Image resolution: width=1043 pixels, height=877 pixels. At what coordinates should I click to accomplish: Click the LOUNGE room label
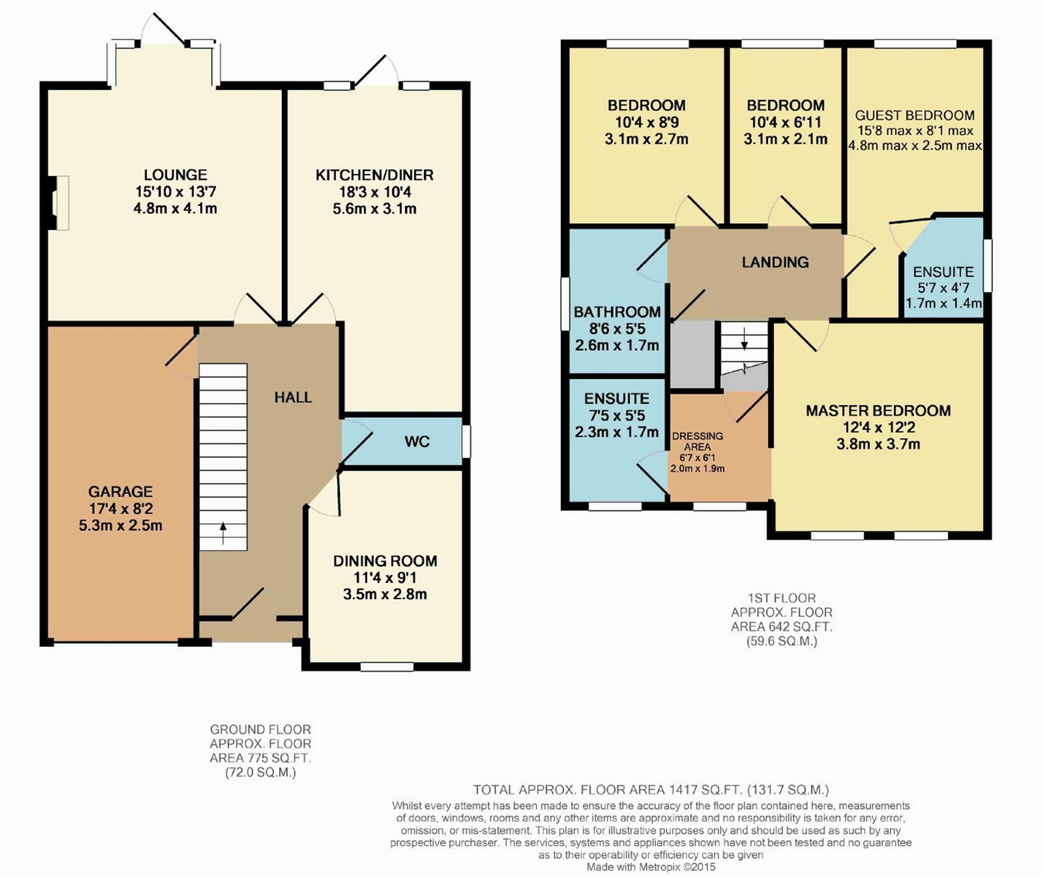(175, 174)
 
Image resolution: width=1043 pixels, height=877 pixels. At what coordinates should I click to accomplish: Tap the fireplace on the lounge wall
(58, 203)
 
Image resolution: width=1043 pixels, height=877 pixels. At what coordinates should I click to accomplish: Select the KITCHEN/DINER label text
(375, 175)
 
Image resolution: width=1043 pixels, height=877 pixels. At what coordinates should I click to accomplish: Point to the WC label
(417, 442)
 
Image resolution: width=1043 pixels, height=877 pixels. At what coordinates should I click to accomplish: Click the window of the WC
(466, 442)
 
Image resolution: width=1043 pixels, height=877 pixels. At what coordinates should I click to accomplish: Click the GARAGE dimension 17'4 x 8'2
(121, 509)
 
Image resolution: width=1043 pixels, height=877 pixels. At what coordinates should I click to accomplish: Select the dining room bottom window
(387, 666)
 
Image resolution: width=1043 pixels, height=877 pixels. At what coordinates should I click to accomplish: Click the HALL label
(294, 398)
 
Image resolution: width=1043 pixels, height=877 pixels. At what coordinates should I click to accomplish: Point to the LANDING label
(775, 262)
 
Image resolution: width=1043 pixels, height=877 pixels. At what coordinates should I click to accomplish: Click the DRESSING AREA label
(698, 442)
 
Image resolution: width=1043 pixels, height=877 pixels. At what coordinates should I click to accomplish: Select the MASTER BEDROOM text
(878, 411)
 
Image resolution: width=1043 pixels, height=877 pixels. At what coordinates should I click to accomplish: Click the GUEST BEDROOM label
(915, 115)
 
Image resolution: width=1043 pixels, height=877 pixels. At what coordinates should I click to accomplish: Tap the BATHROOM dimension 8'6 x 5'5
(617, 328)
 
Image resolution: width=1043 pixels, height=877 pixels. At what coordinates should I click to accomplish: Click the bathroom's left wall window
(565, 303)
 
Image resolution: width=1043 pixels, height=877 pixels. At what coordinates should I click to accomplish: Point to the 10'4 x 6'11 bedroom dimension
(785, 122)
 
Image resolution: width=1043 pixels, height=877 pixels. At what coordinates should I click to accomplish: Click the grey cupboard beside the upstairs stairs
(692, 354)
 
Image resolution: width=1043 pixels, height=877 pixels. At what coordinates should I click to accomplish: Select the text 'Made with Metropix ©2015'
(651, 868)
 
